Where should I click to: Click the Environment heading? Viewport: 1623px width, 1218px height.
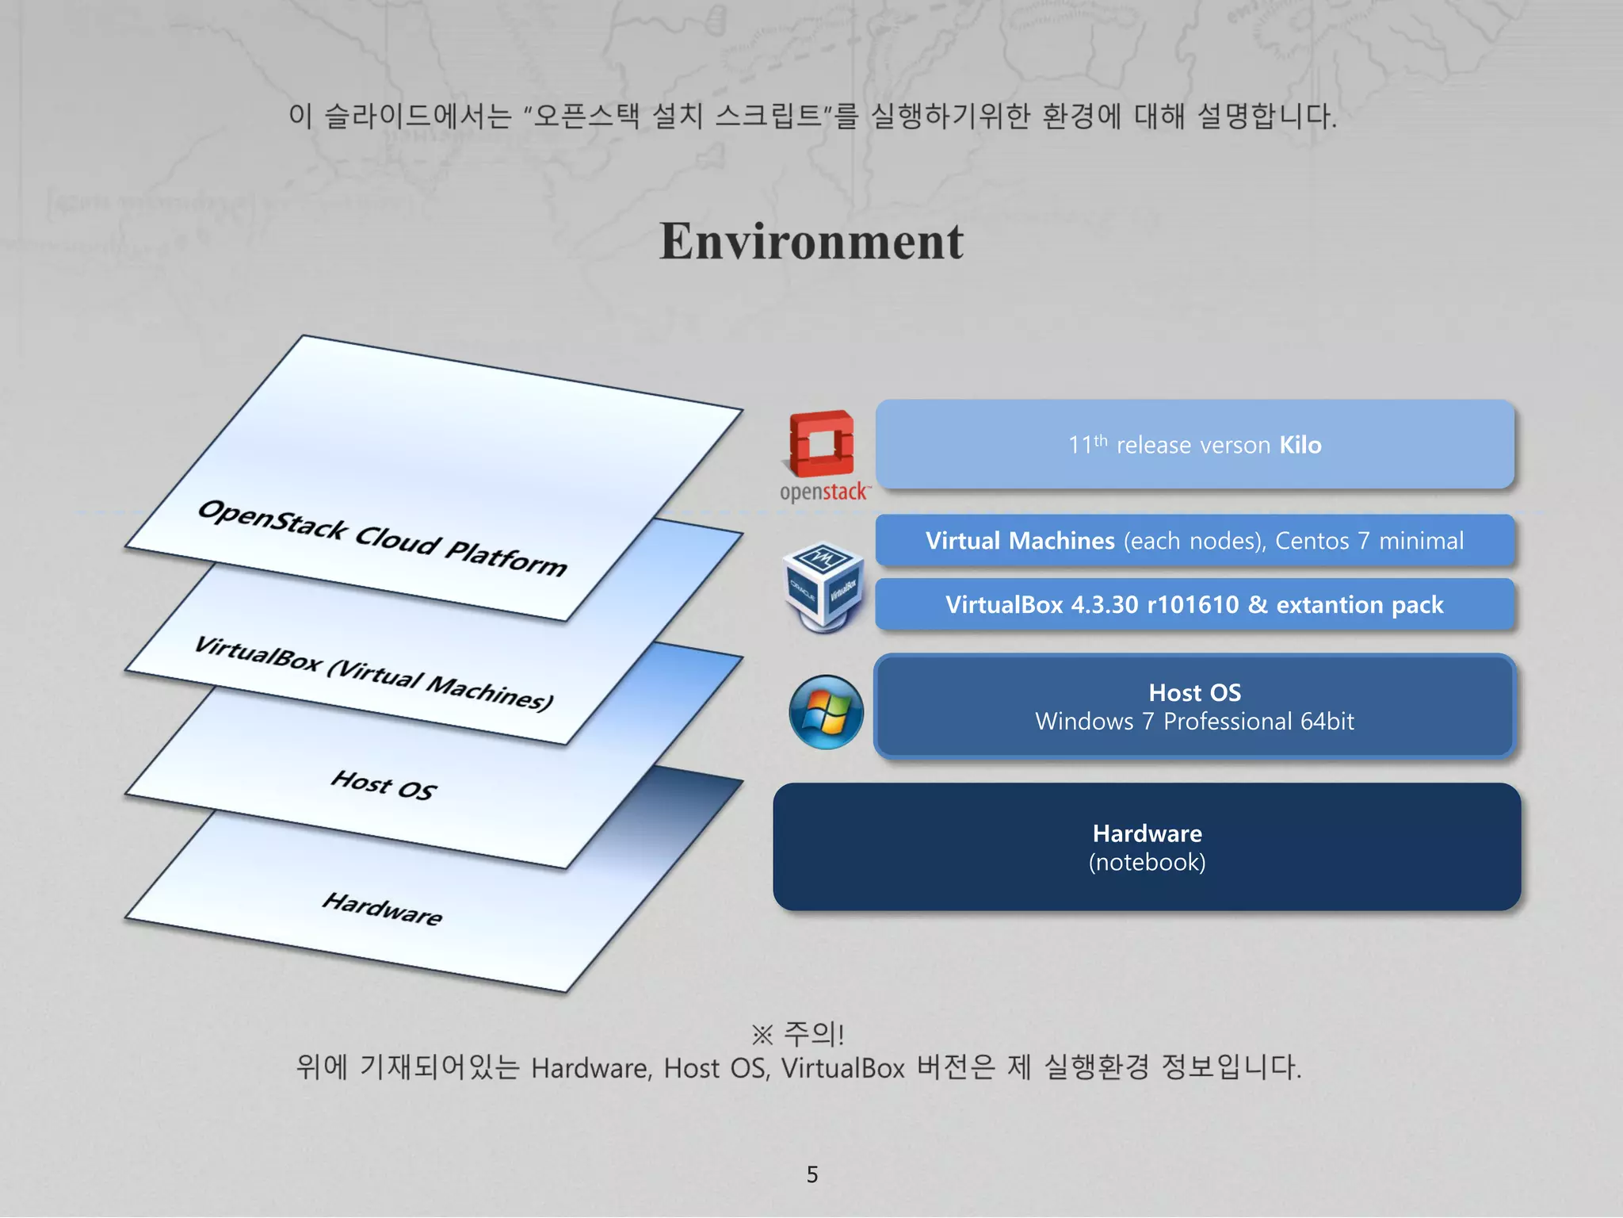coord(811,241)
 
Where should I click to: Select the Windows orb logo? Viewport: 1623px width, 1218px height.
coord(826,711)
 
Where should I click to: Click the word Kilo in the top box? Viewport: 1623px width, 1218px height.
coord(1300,445)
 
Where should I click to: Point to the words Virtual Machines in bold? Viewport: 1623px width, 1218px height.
coord(1020,541)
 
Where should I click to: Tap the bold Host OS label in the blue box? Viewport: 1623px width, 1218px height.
coord(1194,692)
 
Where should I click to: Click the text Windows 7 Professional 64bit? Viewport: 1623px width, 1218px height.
coord(1194,722)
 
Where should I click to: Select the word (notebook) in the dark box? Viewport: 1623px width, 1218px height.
coord(1147,863)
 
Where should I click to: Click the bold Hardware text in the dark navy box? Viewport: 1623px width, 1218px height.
coord(1147,833)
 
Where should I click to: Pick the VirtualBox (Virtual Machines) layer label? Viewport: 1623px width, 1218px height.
coord(373,673)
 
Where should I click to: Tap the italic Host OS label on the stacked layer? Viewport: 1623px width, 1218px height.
coord(384,785)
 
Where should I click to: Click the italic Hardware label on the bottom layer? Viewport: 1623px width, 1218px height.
coord(382,909)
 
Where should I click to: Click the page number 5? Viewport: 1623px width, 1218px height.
coord(811,1174)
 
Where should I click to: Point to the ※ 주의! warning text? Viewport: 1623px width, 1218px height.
coord(798,1034)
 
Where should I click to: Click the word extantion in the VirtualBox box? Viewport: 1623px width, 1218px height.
coord(1329,605)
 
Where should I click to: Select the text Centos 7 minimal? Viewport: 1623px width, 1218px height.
coord(1369,541)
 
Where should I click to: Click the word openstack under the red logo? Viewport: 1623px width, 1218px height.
coord(823,492)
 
